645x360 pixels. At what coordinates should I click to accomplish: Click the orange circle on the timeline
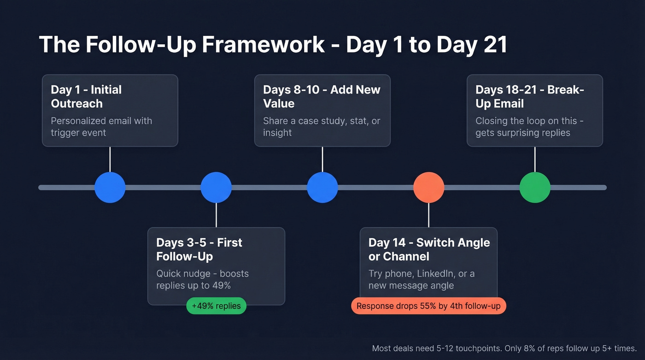428,188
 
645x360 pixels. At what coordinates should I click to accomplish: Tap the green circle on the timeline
535,188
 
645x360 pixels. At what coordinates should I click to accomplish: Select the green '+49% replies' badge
217,306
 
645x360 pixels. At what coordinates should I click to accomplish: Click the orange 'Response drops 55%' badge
428,306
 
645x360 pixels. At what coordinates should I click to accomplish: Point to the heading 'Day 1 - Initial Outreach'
86,96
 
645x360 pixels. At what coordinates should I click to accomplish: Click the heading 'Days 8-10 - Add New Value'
322,96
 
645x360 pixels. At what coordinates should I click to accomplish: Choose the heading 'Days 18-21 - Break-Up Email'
529,96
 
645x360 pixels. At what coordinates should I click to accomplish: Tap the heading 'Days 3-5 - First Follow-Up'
199,249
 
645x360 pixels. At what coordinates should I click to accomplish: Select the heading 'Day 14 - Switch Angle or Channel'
429,249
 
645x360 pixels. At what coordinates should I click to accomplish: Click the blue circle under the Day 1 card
110,188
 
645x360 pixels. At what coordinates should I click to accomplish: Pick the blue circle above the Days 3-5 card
216,188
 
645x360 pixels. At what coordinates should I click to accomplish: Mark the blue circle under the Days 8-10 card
322,188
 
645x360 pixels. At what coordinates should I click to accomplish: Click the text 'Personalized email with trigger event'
101,127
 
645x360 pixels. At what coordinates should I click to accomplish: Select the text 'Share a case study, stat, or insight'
321,127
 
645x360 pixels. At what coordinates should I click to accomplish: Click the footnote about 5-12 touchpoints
504,348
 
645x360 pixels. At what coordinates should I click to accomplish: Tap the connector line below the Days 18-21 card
535,159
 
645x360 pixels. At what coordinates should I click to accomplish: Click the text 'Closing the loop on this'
526,121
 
